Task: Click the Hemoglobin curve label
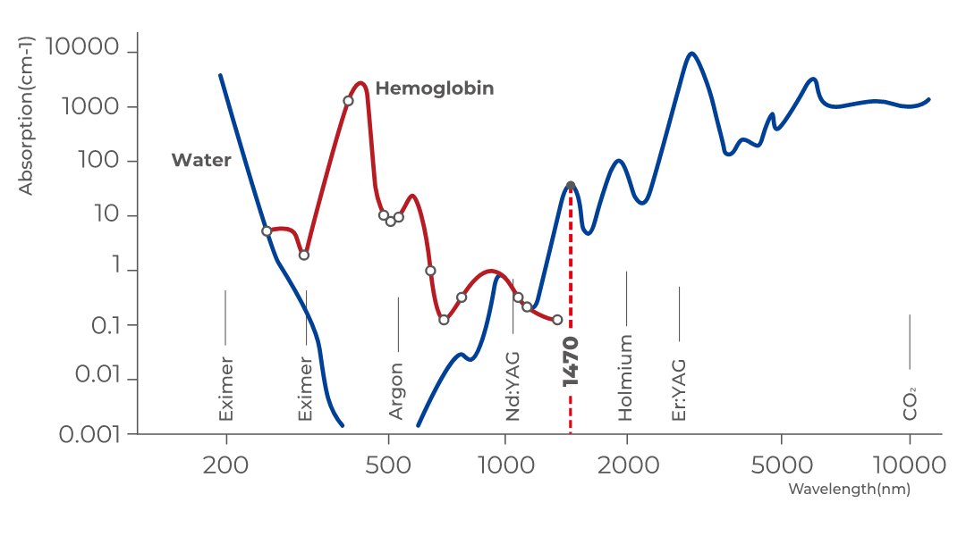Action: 434,89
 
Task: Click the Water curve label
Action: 201,161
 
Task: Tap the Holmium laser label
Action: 625,378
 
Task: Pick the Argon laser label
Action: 396,391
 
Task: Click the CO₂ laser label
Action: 911,404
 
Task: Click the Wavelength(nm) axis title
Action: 850,490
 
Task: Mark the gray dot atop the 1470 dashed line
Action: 571,186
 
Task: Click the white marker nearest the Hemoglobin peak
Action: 348,101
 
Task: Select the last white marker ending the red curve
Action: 557,320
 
